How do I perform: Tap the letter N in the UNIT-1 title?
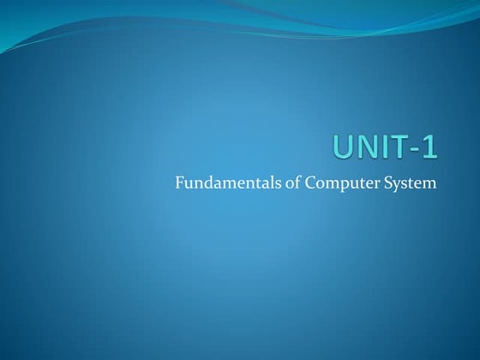(x=367, y=147)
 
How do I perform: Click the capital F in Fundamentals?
(x=178, y=183)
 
